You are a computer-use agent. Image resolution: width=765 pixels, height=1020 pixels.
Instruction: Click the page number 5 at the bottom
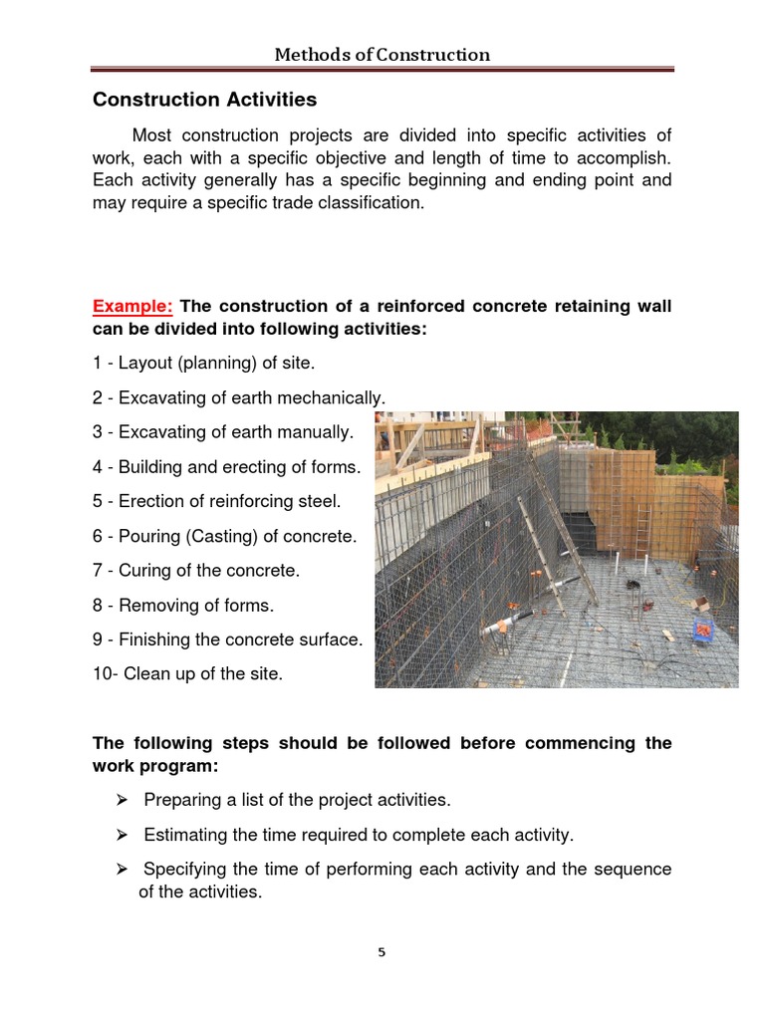[382, 951]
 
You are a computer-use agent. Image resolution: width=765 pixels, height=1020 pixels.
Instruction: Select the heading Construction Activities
[204, 100]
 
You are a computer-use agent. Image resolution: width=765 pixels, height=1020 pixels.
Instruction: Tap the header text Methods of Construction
[382, 54]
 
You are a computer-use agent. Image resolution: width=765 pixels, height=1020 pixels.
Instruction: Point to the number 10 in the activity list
[103, 674]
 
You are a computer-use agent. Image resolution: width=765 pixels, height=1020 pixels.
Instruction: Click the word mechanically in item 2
[334, 398]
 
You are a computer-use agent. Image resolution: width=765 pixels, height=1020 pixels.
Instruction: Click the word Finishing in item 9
[154, 639]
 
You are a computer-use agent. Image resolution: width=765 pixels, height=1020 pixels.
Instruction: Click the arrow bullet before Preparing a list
[122, 800]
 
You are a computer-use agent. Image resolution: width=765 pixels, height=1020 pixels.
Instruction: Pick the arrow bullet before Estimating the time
[122, 835]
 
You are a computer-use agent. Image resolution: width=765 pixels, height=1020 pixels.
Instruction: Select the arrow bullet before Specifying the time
[122, 870]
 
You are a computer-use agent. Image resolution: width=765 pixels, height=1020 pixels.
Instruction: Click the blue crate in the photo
[704, 631]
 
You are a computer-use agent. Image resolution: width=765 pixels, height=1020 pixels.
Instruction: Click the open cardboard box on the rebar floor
[700, 603]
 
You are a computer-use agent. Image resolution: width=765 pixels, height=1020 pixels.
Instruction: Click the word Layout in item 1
[145, 364]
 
